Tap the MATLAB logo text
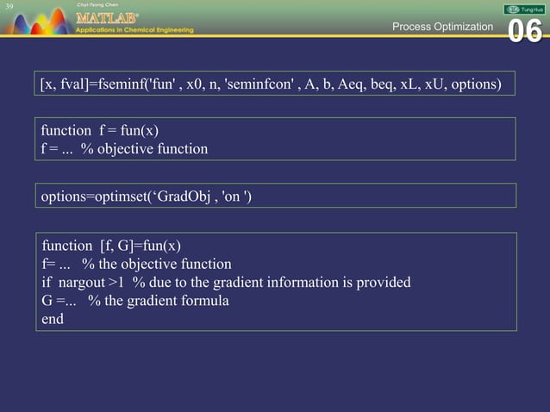click(x=105, y=17)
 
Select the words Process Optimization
click(x=442, y=27)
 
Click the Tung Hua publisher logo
click(x=524, y=8)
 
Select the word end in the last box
click(x=53, y=318)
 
